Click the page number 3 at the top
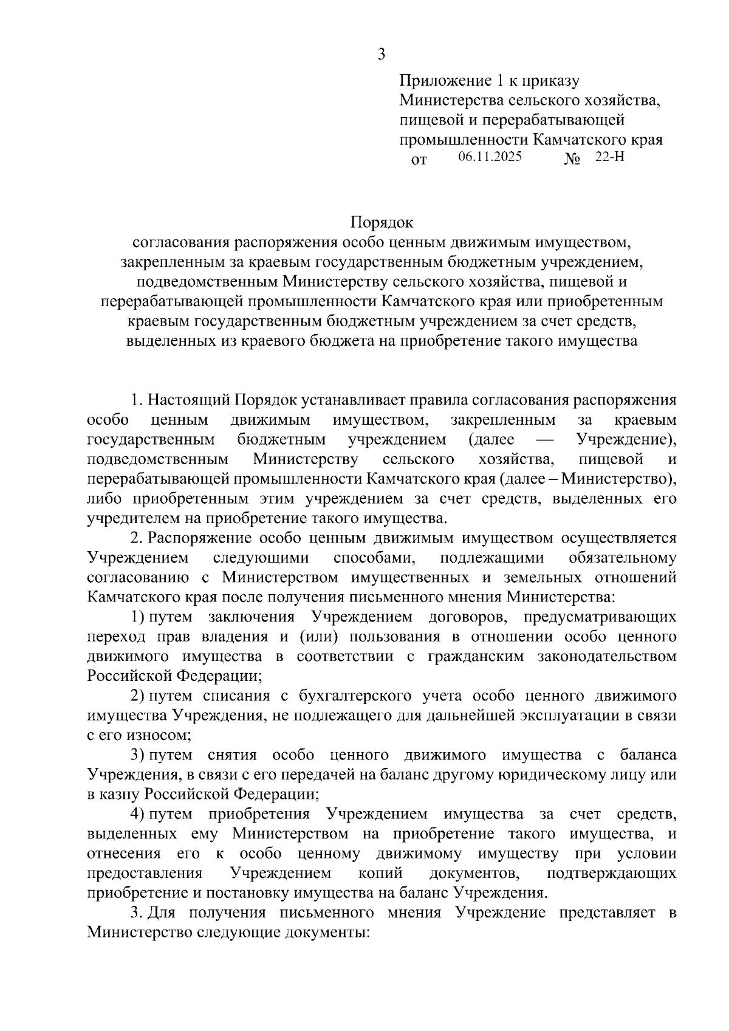click(x=382, y=55)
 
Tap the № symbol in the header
click(x=572, y=160)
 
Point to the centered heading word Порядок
click(x=382, y=223)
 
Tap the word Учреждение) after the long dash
click(x=626, y=439)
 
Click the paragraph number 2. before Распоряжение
click(x=137, y=538)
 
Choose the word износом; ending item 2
click(x=160, y=735)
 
